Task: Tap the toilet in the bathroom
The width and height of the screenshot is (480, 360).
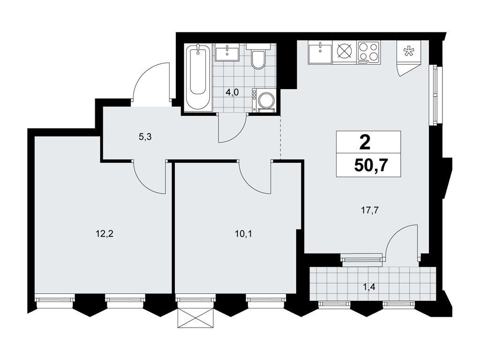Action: pos(258,57)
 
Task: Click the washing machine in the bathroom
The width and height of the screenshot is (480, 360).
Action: pos(263,99)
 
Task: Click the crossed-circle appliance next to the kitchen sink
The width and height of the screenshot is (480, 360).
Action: pos(344,52)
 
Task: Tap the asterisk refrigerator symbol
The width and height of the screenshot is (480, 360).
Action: pos(408,52)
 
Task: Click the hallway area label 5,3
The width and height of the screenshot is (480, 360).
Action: pos(145,137)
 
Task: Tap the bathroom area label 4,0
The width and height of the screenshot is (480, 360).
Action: pos(232,93)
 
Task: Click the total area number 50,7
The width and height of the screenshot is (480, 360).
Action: pos(371,166)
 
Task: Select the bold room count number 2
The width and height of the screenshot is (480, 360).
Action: pos(365,142)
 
